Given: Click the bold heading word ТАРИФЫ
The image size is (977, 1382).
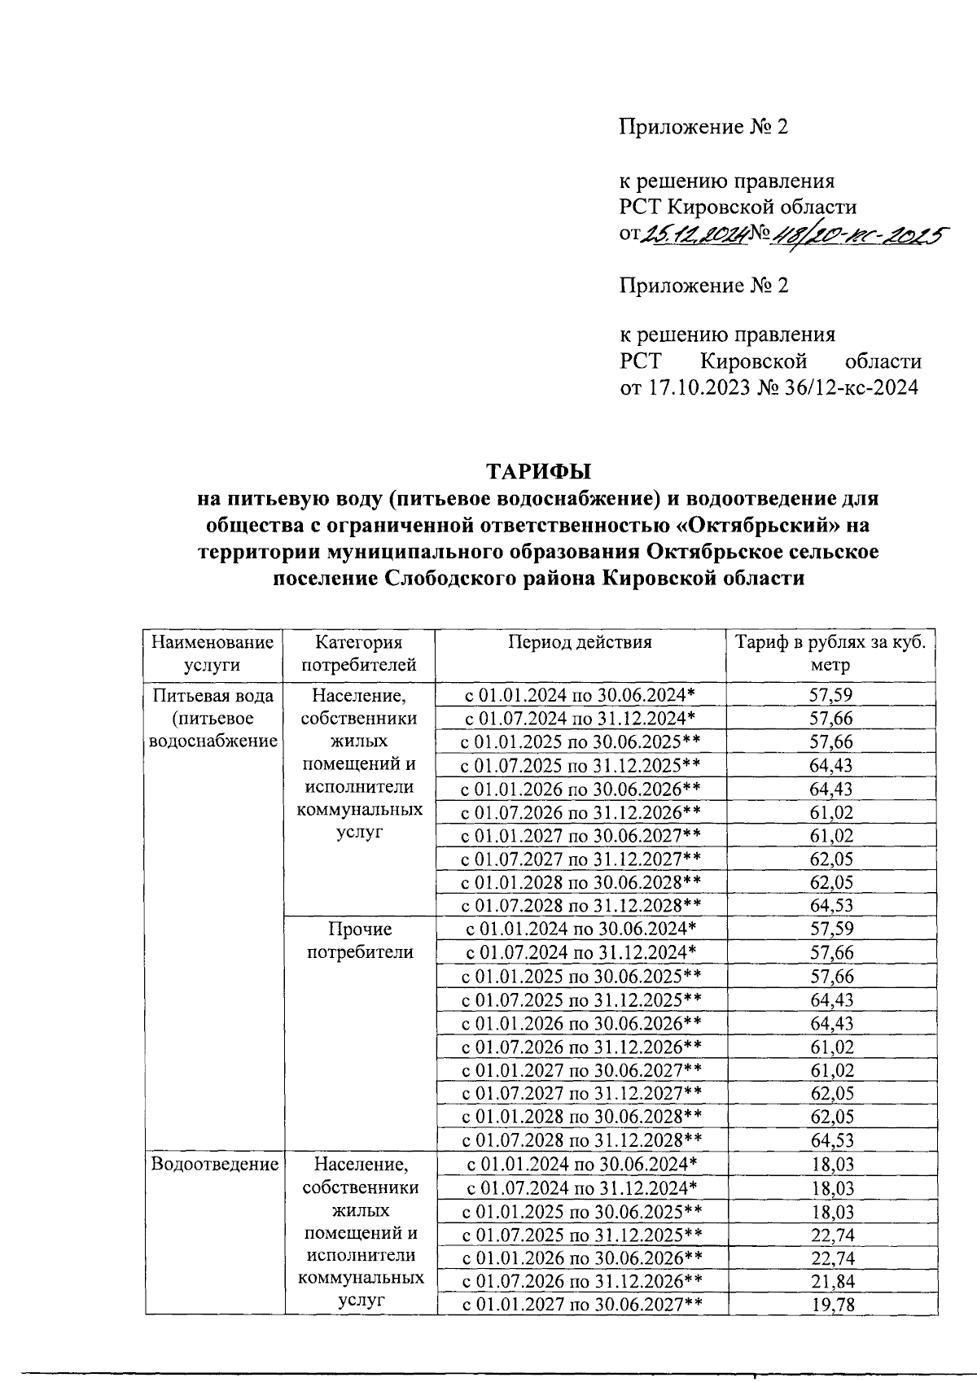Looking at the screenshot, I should click(537, 471).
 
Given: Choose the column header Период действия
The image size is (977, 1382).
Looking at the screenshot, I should click(580, 641).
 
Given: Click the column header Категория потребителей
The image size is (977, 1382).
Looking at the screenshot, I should click(359, 653).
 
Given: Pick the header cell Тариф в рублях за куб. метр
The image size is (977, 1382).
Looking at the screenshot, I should click(830, 653).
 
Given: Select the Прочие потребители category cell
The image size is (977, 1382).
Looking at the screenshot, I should click(359, 940).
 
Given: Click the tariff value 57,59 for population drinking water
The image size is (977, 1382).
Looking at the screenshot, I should click(831, 694).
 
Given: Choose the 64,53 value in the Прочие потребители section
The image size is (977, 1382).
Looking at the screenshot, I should click(831, 1140).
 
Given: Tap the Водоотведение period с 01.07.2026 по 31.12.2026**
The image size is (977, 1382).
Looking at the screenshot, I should click(581, 1282).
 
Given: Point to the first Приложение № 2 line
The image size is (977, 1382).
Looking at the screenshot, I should click(704, 127).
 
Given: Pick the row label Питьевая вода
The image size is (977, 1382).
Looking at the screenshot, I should click(213, 695).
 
